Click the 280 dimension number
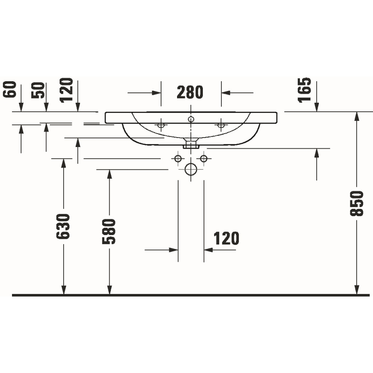[190, 92]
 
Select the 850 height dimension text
[357, 204]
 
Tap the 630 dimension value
[64, 226]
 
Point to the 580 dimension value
[110, 231]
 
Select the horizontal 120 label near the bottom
[226, 238]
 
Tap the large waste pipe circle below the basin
[190, 170]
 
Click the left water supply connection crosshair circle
[178, 159]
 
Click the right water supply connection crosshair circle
[204, 159]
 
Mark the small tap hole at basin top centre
[191, 118]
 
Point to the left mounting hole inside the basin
[161, 125]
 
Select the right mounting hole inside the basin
[221, 125]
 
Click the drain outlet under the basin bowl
[190, 144]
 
